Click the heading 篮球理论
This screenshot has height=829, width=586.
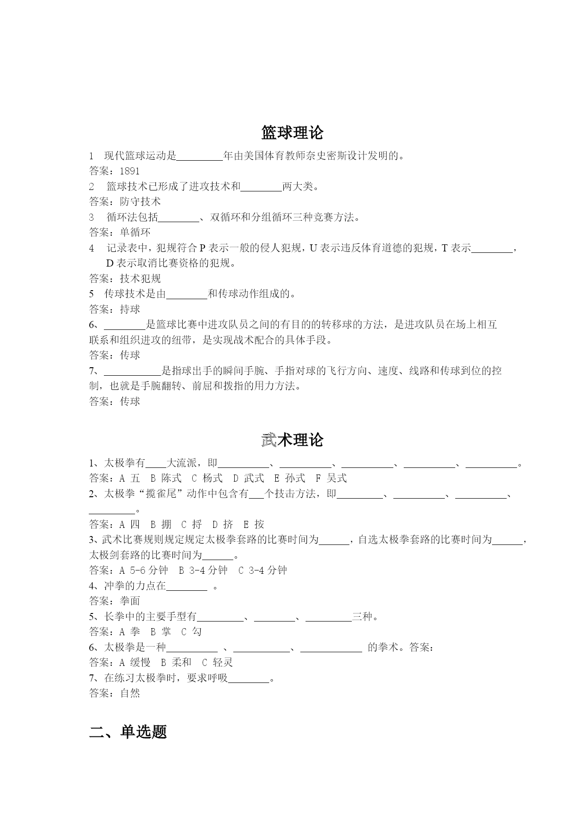[x=292, y=133]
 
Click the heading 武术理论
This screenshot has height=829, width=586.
[x=292, y=440]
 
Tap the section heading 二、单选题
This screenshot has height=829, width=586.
[x=128, y=732]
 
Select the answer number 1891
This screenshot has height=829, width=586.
[x=129, y=171]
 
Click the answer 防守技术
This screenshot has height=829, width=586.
[x=140, y=202]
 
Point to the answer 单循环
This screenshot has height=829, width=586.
[x=135, y=233]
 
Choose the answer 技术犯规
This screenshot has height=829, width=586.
[x=140, y=278]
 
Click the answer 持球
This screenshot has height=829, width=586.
[x=130, y=309]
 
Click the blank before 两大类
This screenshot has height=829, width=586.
[x=261, y=187]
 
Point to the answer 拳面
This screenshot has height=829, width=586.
[x=130, y=601]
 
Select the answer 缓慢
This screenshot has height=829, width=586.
[x=140, y=663]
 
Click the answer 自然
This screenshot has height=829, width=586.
[x=130, y=693]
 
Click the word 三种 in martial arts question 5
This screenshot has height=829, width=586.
[x=362, y=617]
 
